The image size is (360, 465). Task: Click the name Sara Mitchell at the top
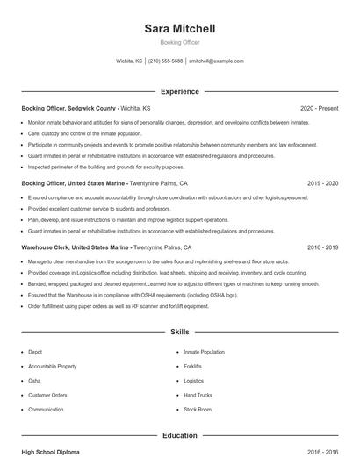pyautogui.click(x=179, y=29)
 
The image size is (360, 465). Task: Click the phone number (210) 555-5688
pyautogui.click(x=166, y=61)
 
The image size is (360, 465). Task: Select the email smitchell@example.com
pyautogui.click(x=216, y=61)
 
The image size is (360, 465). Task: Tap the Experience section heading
pyautogui.click(x=179, y=91)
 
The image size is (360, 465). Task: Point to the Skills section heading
pyautogui.click(x=179, y=333)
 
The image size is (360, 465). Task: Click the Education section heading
pyautogui.click(x=179, y=435)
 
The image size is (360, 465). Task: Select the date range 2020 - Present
pyautogui.click(x=319, y=109)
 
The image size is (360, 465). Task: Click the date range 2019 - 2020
pyautogui.click(x=323, y=184)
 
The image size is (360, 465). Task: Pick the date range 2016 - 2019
pyautogui.click(x=323, y=248)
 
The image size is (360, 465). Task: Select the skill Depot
pyautogui.click(x=35, y=352)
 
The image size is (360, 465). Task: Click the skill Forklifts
pyautogui.click(x=193, y=367)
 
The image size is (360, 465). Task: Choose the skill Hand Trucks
pyautogui.click(x=198, y=395)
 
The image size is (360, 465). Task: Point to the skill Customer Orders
pyautogui.click(x=47, y=395)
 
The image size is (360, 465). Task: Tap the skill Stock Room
pyautogui.click(x=198, y=410)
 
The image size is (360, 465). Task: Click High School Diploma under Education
pyautogui.click(x=50, y=452)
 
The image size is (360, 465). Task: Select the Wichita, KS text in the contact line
pyautogui.click(x=129, y=61)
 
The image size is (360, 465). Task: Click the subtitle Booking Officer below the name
pyautogui.click(x=179, y=42)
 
